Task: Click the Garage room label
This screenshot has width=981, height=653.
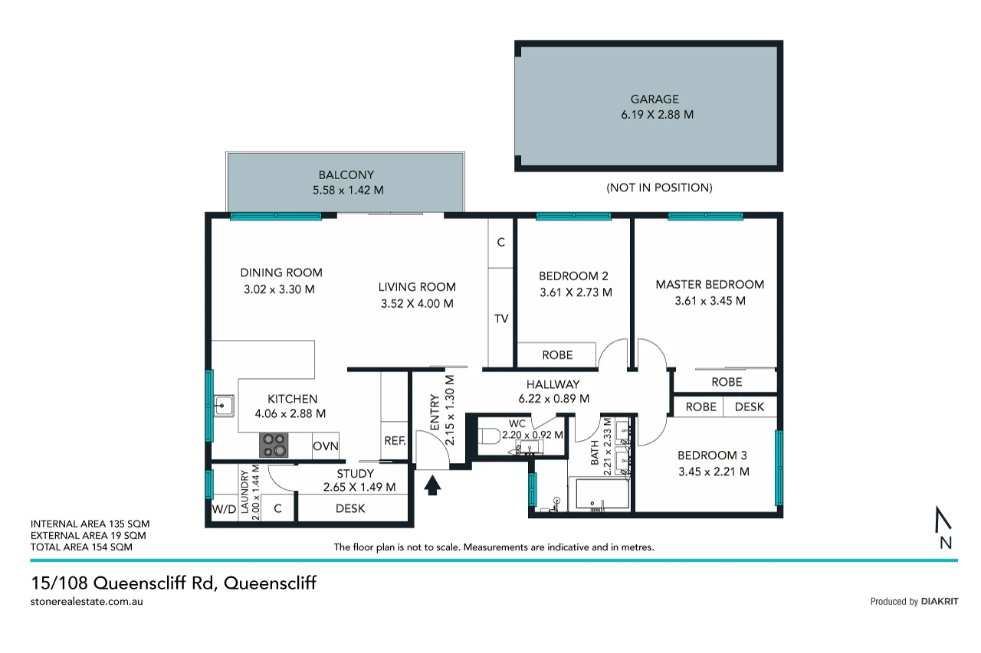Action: pos(655,99)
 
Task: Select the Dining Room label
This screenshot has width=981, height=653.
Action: pos(281,273)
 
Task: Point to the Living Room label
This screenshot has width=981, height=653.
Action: pos(417,287)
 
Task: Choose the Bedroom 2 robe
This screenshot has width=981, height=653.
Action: pos(557,355)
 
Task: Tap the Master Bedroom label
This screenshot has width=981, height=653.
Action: pos(710,285)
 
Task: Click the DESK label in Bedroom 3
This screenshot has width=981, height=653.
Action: pos(749,406)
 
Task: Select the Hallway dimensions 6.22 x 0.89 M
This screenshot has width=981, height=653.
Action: pos(553,398)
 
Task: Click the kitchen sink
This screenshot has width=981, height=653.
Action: pos(224,405)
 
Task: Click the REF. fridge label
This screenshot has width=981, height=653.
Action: pos(395,441)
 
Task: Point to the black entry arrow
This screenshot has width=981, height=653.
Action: pos(432,485)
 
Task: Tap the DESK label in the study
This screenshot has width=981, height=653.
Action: pos(350,508)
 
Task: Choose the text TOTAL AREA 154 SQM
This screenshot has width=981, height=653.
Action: pos(80,547)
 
